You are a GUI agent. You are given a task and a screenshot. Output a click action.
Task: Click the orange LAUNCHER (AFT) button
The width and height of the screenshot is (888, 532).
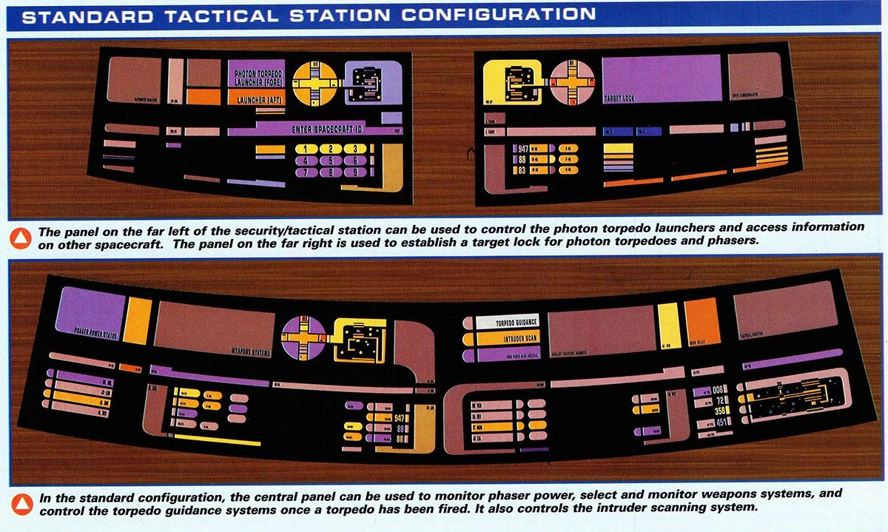click(255, 99)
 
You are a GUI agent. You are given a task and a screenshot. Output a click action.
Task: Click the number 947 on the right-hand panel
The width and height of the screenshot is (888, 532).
click(525, 149)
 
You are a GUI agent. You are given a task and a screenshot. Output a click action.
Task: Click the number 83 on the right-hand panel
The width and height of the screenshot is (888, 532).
click(522, 171)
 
